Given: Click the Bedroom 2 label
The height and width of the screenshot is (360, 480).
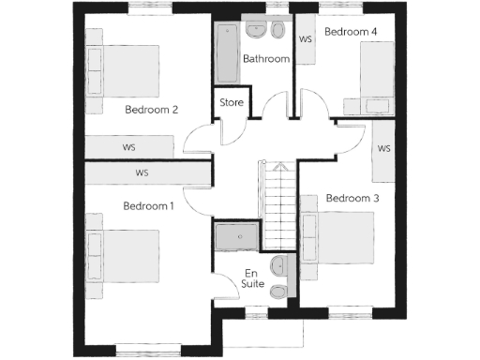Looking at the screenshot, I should click(151, 109).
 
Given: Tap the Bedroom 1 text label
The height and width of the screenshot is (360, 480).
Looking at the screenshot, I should click(148, 205).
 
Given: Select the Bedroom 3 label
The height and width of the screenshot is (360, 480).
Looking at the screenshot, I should click(352, 199).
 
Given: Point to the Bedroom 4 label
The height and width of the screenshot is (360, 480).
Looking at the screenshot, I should click(351, 32).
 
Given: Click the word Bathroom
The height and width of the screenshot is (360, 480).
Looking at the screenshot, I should click(265, 59).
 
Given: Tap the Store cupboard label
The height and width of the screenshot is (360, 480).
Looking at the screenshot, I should click(232, 102).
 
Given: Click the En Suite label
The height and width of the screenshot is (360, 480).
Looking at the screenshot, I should click(253, 277).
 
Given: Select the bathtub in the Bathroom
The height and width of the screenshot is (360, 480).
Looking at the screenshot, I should click(227, 53).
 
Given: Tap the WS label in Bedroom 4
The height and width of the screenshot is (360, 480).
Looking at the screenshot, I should click(305, 39).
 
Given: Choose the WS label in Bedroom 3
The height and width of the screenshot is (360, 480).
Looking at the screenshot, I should click(383, 149).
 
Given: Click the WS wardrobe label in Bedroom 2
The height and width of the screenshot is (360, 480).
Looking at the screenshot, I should click(129, 147).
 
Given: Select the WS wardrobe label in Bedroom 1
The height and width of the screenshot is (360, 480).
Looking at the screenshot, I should click(142, 173).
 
